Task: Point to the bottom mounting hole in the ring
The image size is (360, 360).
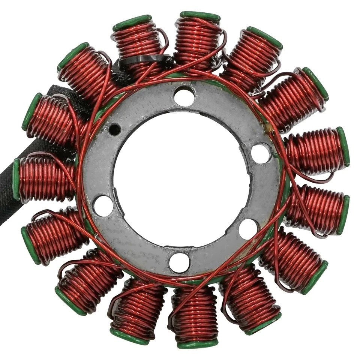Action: click(179, 262)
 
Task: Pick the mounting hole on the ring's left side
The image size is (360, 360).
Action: click(103, 205)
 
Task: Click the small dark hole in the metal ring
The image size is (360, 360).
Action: click(114, 130)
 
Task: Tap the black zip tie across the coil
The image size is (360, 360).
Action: click(144, 60)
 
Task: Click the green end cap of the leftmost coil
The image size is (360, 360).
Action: click(16, 178)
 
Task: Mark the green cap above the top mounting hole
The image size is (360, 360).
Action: click(200, 16)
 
